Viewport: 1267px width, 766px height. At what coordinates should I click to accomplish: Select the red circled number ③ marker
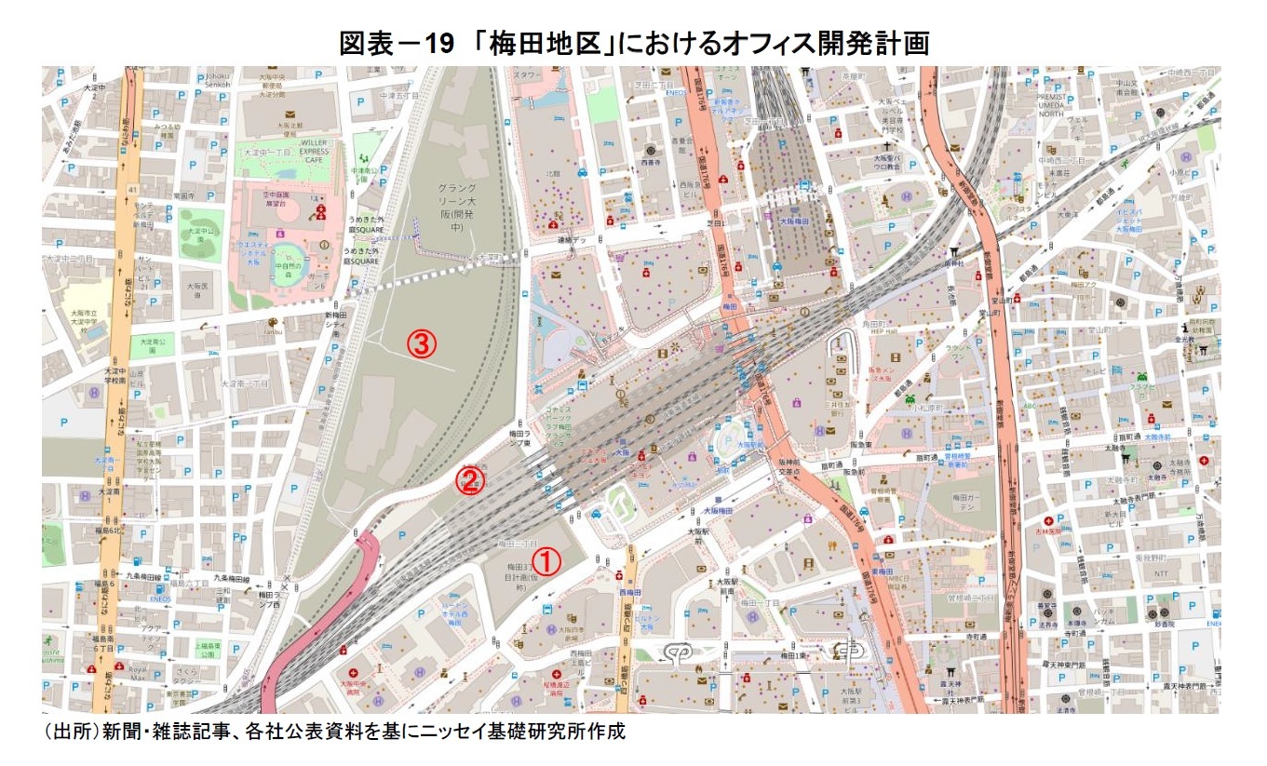(420, 344)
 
